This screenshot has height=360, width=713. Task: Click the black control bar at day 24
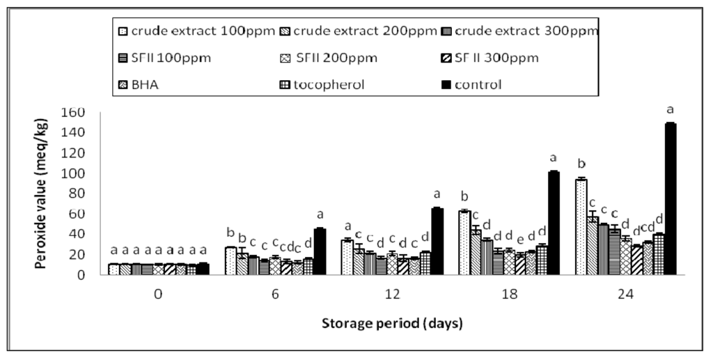pyautogui.click(x=670, y=199)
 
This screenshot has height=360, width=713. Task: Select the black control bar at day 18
pyautogui.click(x=554, y=223)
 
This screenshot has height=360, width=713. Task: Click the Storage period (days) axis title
pyautogui.click(x=392, y=324)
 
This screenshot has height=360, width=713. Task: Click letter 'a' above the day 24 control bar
pyautogui.click(x=670, y=110)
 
